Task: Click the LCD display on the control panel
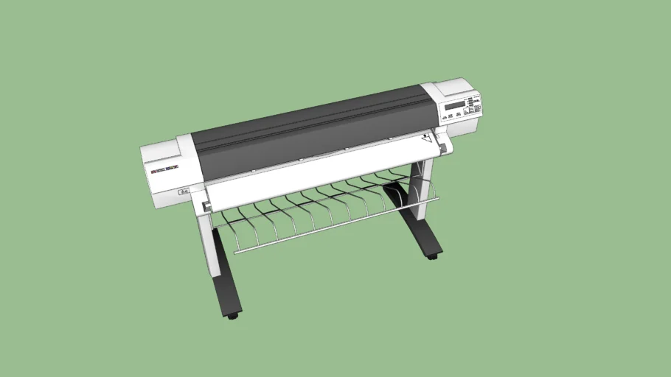[454, 106]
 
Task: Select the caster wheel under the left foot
[233, 315]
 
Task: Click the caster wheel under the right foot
[431, 256]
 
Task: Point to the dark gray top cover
[310, 125]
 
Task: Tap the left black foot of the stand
[223, 280]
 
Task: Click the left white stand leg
[206, 243]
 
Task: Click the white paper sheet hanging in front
[317, 177]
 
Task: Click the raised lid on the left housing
[166, 148]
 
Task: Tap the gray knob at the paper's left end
[207, 207]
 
